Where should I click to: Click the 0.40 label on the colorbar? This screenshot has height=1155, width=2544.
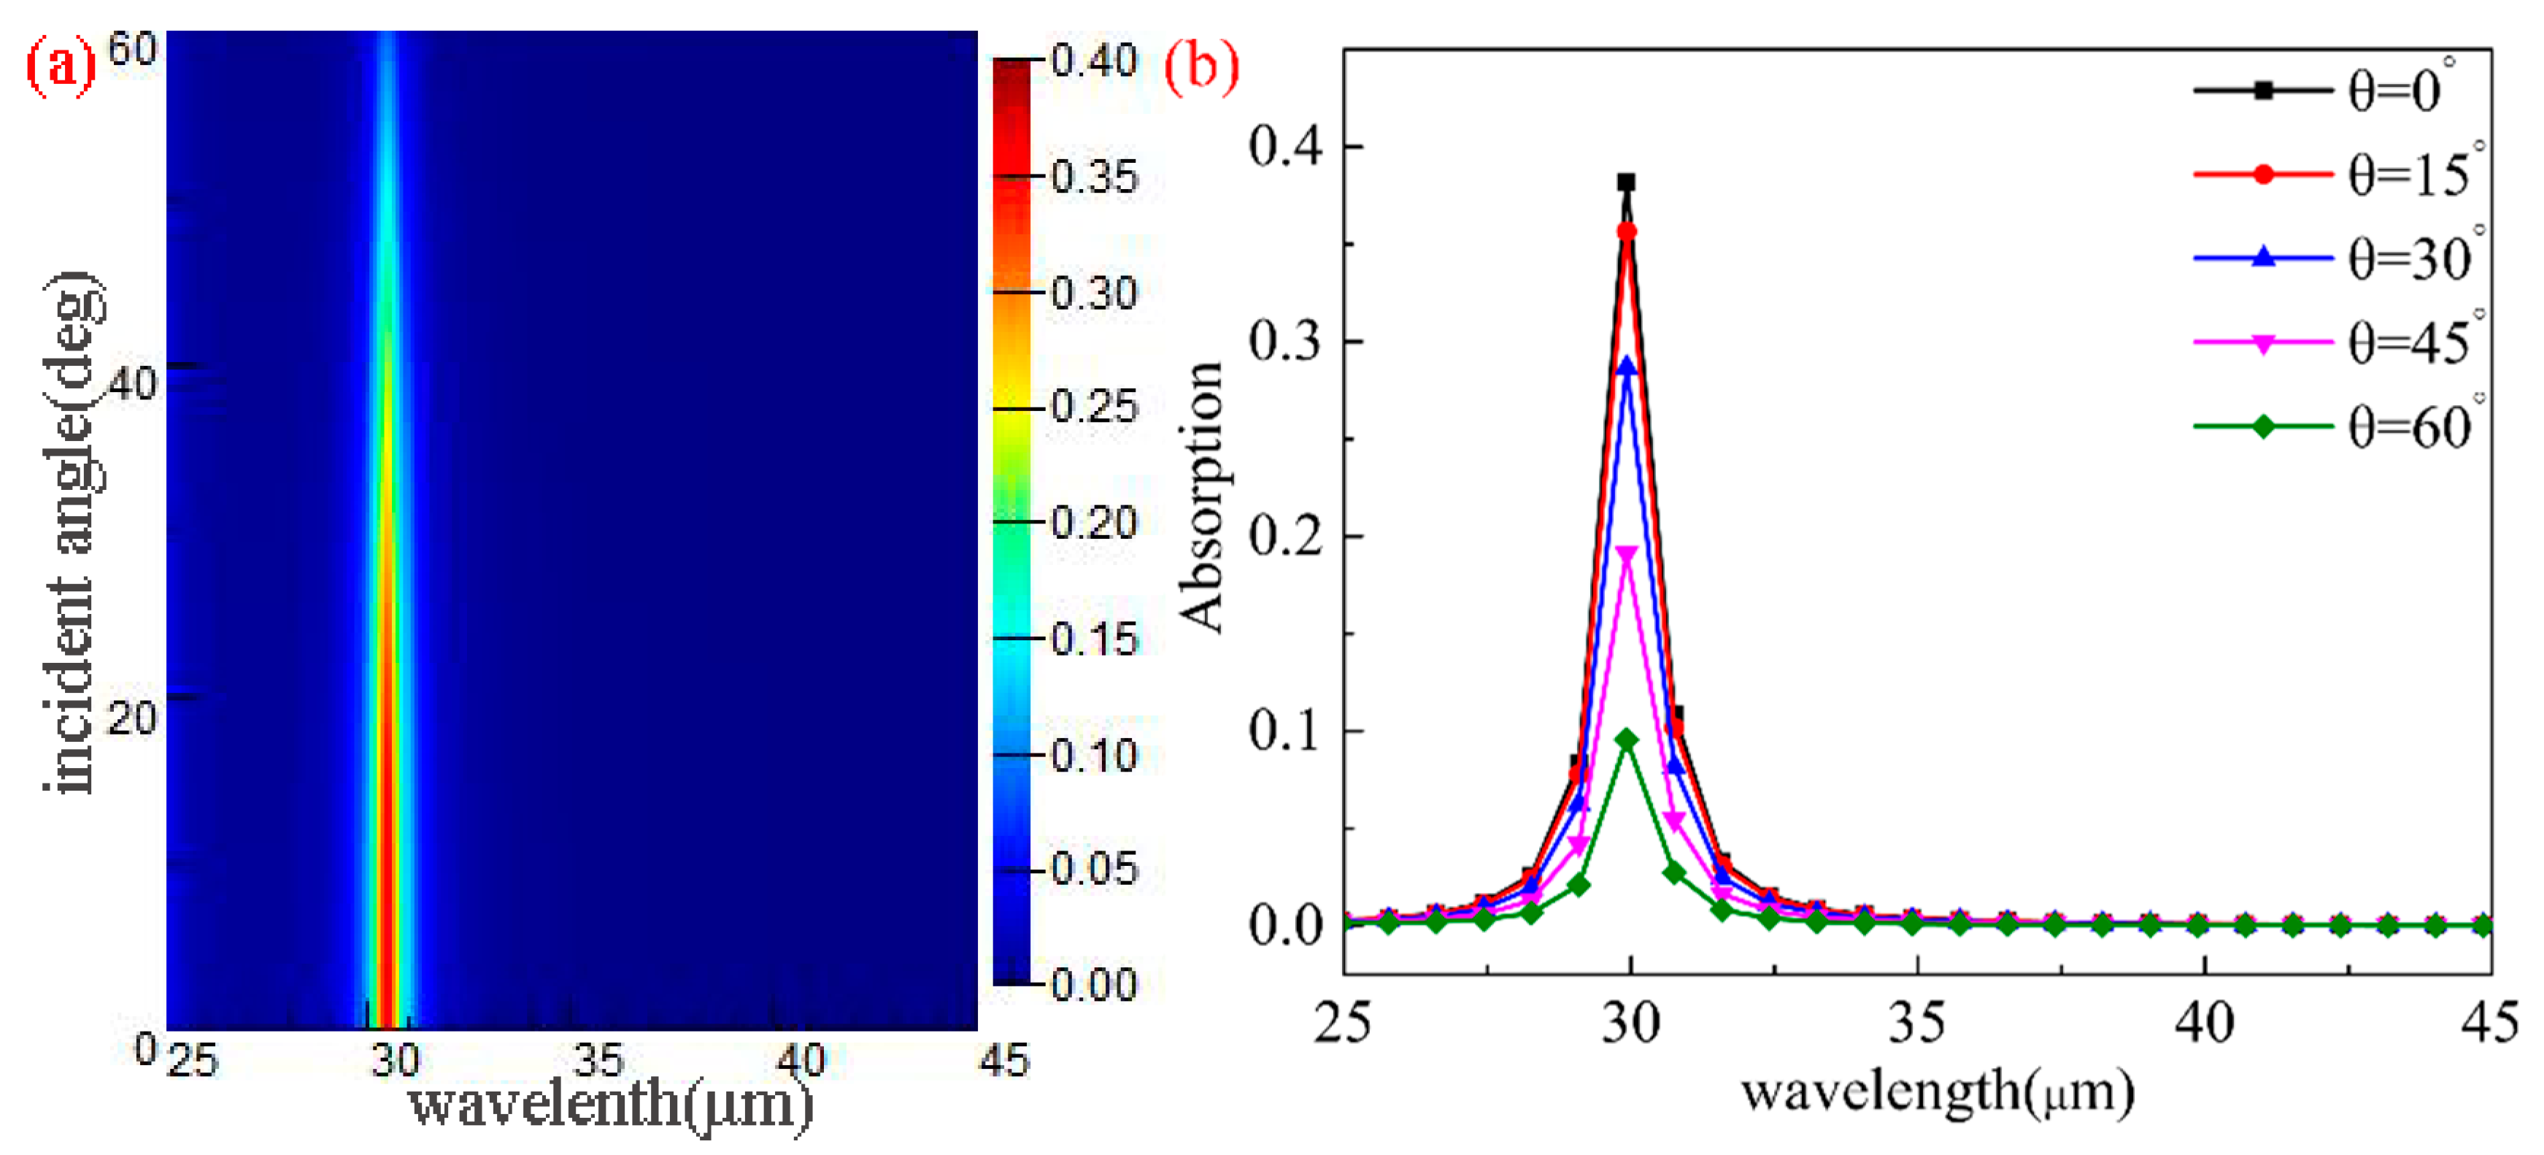(1094, 61)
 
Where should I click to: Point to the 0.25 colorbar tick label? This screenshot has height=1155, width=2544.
(1094, 407)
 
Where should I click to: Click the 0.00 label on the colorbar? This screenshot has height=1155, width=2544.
(1094, 984)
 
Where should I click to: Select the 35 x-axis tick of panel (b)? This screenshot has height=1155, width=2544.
(1917, 1023)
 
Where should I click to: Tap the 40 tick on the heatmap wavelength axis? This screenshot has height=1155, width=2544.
(800, 1061)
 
